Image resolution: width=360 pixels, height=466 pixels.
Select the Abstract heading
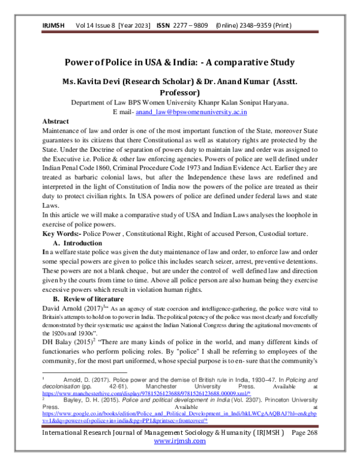pos(56,121)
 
